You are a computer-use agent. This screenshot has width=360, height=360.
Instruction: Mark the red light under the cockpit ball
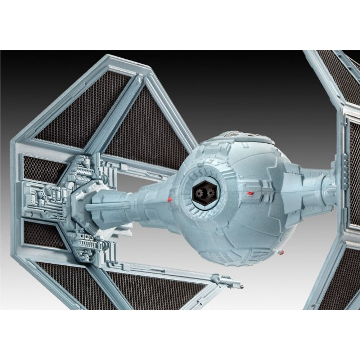(283, 251)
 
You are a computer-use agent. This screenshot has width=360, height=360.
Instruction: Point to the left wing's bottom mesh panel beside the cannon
(151, 288)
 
